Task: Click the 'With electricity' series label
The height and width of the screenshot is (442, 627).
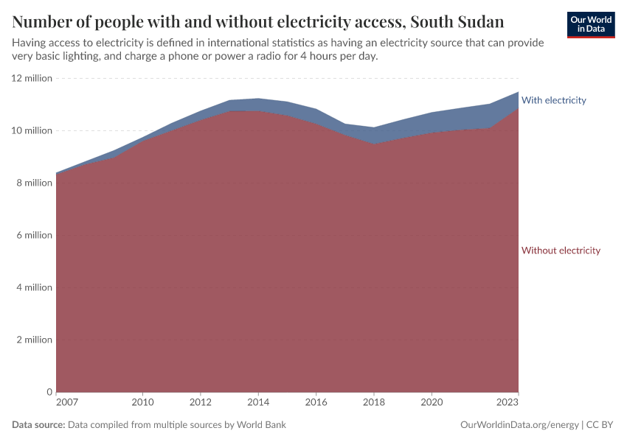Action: coord(553,100)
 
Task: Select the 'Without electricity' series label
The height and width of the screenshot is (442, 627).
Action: coord(561,250)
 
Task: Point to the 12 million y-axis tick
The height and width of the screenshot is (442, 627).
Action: coord(32,78)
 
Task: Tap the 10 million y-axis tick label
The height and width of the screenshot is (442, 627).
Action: coord(32,130)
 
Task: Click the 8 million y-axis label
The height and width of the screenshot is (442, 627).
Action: coord(35,183)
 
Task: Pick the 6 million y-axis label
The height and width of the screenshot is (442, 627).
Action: coord(35,235)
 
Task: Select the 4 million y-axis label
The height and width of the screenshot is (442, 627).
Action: coord(35,287)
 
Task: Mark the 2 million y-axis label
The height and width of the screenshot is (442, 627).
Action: coord(35,340)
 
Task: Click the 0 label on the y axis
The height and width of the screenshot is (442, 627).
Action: coord(49,392)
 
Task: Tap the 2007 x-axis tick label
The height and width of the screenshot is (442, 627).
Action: coord(66,403)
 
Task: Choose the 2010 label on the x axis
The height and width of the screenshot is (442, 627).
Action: coord(142,403)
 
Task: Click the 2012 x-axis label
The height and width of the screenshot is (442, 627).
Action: coord(201,403)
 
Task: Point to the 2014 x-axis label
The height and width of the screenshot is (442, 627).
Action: coord(258,403)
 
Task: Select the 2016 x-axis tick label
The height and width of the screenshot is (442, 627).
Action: coord(316,403)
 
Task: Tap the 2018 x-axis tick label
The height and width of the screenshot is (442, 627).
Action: coord(374,403)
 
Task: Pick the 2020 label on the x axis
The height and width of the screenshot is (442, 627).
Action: coord(432,403)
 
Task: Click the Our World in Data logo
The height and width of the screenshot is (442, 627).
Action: coord(591,24)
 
